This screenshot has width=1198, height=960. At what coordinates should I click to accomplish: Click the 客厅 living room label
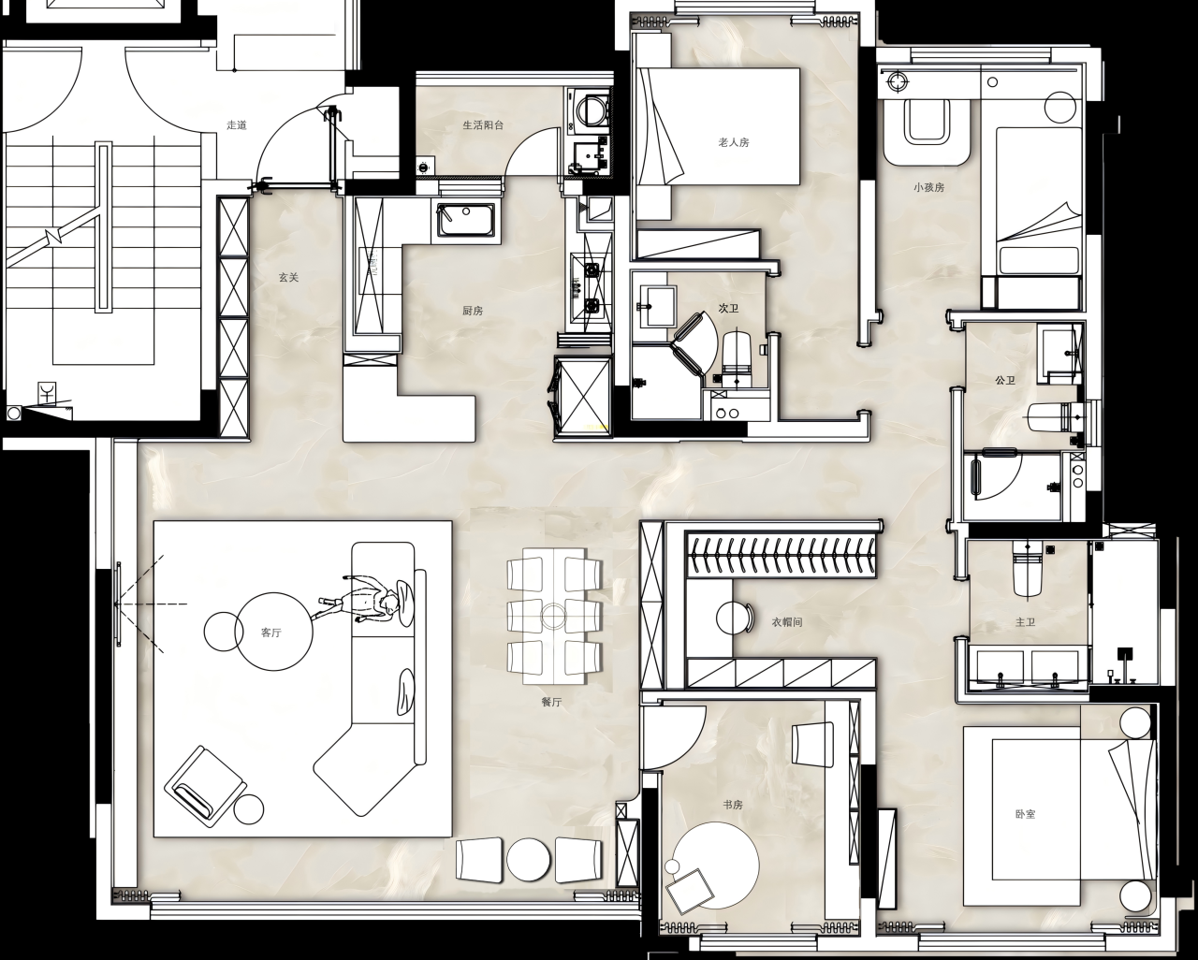pos(271,633)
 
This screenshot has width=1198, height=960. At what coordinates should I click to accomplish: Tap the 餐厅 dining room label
pos(551,702)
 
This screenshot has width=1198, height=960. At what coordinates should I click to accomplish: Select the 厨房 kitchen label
pos(473,311)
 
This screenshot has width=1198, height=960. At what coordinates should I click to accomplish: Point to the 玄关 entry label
pos(288,277)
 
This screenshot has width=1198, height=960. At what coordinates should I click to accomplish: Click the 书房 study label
pos(733,804)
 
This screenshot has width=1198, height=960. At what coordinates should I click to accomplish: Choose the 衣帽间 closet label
pos(786,621)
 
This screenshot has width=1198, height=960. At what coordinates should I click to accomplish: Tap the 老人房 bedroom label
pos(734,142)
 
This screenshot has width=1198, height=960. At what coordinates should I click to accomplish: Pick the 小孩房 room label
pos(929,187)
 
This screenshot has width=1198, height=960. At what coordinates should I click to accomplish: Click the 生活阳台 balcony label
pos(483,124)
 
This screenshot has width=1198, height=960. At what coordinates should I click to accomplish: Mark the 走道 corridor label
pos(237,124)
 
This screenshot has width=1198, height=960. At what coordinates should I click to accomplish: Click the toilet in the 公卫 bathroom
pos(1050,416)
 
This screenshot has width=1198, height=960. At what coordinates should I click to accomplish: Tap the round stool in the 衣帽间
pos(733,618)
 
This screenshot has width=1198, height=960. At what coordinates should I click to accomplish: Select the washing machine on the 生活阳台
pos(590,108)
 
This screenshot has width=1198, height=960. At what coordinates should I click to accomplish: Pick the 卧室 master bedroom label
pos(1025,814)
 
